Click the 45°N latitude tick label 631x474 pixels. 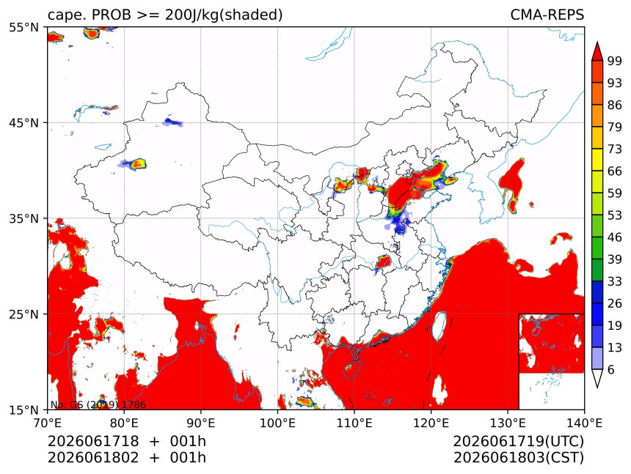pos(23,122)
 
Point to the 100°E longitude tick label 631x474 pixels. pos(277,423)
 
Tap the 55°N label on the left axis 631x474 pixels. pos(23,27)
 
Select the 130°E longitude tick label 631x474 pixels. pos(508,423)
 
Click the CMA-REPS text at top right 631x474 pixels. pos(547,15)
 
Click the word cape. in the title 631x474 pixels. pos(66,15)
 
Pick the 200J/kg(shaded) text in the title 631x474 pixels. pos(224,15)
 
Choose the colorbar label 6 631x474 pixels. pos(611,369)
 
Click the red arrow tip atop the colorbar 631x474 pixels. pos(597,42)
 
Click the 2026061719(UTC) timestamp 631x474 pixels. pos(518,441)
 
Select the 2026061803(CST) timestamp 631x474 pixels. pos(518,458)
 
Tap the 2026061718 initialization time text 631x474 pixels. pos(93,441)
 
